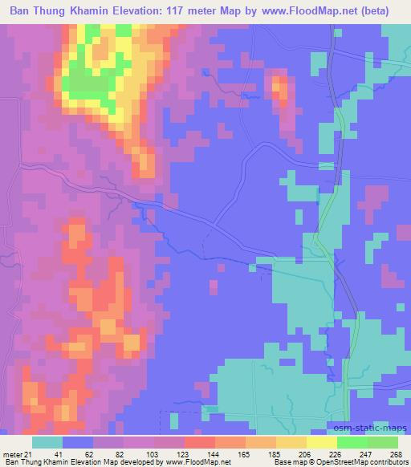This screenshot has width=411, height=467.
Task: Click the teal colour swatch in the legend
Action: (x=48, y=442)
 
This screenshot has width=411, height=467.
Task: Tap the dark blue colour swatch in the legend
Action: (x=79, y=442)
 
